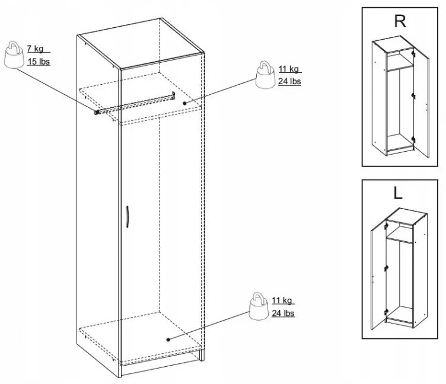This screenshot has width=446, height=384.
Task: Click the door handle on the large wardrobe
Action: (x=128, y=216)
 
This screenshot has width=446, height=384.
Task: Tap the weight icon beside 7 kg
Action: (x=14, y=55)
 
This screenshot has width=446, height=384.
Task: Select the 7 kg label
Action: (x=35, y=49)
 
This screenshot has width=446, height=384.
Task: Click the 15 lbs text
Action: (x=39, y=61)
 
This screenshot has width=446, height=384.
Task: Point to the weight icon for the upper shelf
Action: (x=265, y=75)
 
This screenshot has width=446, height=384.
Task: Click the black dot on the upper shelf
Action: (x=184, y=103)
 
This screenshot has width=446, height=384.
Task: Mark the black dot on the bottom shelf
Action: (x=168, y=340)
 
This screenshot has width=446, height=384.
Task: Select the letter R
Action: (x=400, y=21)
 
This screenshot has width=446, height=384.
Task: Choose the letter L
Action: (x=397, y=193)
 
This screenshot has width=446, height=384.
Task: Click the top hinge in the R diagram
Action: (x=413, y=53)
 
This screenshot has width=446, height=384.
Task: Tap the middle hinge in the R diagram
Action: (x=413, y=96)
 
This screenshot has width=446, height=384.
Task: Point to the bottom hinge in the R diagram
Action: (x=413, y=140)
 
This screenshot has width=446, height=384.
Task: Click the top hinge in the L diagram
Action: (x=386, y=226)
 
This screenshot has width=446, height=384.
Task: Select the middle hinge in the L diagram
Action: (x=386, y=268)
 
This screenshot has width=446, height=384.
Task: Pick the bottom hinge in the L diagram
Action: (x=386, y=312)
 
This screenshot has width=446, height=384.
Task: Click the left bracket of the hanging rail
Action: (x=97, y=112)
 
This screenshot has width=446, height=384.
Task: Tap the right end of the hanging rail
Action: (x=173, y=95)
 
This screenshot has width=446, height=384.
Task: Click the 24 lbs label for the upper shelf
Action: (x=289, y=81)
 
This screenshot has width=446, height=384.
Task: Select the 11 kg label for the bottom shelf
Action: (x=282, y=300)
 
